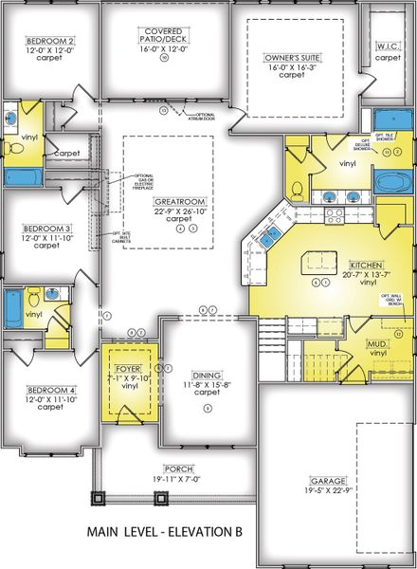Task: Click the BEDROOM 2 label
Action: tap(50, 41)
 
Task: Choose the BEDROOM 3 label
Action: tap(46, 229)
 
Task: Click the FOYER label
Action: tap(127, 370)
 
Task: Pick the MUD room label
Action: tap(378, 345)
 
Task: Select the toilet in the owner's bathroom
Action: tap(297, 188)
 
